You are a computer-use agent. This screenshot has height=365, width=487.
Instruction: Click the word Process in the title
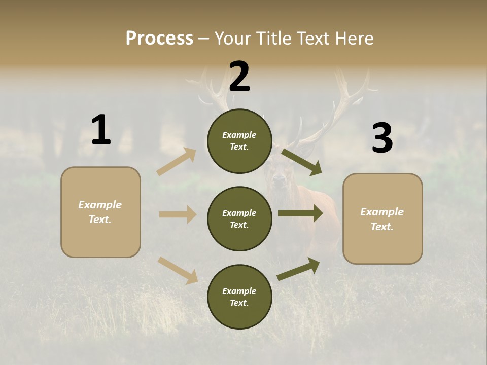click(159, 39)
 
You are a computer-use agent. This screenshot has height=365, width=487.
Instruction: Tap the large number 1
click(101, 130)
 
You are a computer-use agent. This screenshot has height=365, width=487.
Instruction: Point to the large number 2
click(239, 77)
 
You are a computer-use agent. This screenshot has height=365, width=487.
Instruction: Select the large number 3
click(382, 138)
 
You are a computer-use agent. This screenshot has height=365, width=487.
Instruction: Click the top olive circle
click(239, 141)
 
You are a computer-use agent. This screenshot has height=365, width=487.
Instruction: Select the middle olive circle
click(239, 219)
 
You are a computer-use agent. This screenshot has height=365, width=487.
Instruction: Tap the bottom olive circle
click(239, 297)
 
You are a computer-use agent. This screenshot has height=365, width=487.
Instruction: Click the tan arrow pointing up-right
click(177, 162)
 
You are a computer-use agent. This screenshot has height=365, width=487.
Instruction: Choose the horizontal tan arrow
click(178, 214)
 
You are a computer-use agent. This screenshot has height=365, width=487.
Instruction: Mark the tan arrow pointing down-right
click(178, 270)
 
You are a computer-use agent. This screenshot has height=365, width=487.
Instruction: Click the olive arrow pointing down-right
click(302, 162)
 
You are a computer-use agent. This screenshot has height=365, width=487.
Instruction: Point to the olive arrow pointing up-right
click(299, 269)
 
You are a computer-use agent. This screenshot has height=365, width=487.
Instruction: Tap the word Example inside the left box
click(100, 205)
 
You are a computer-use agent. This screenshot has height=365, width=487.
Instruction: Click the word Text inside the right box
click(382, 227)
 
